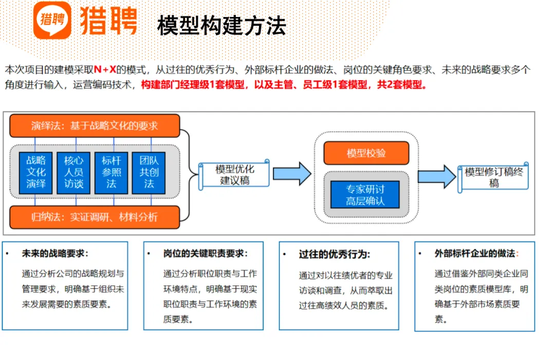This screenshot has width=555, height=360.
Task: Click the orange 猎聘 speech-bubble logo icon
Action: pos(52,20)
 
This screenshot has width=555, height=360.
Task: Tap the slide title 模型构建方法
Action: pos(221,26)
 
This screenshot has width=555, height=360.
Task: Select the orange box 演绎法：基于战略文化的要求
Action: pos(95,126)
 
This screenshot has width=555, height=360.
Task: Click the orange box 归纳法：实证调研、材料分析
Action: pos(95,217)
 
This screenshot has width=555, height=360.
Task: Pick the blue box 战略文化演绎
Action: pos(35,172)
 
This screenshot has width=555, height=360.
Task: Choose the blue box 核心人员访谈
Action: pos(73,172)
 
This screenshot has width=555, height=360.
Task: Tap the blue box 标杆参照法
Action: pos(111,172)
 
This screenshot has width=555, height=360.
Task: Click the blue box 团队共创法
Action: pos(149,172)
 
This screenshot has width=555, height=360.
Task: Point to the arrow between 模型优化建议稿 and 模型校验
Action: pos(291,173)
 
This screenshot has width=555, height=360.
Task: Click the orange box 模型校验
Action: pos(366,153)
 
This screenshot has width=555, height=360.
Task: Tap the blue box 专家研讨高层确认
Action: pos(365,195)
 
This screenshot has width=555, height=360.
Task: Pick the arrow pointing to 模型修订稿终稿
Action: pos(436,176)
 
